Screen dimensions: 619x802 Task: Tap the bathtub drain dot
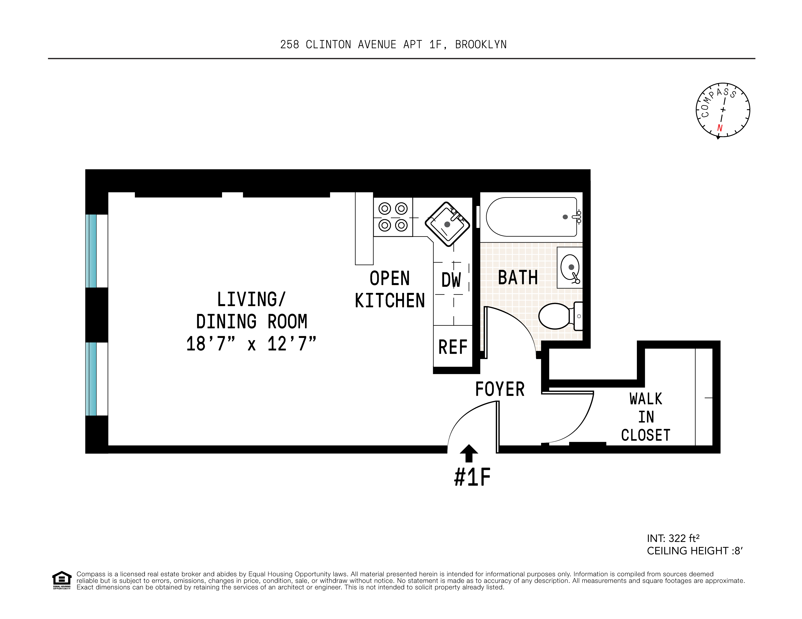565,217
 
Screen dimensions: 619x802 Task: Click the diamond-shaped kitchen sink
447,224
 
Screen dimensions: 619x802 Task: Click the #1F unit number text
472,477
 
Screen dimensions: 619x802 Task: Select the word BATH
518,277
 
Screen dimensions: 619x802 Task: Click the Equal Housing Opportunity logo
62,580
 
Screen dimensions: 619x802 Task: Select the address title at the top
393,44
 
